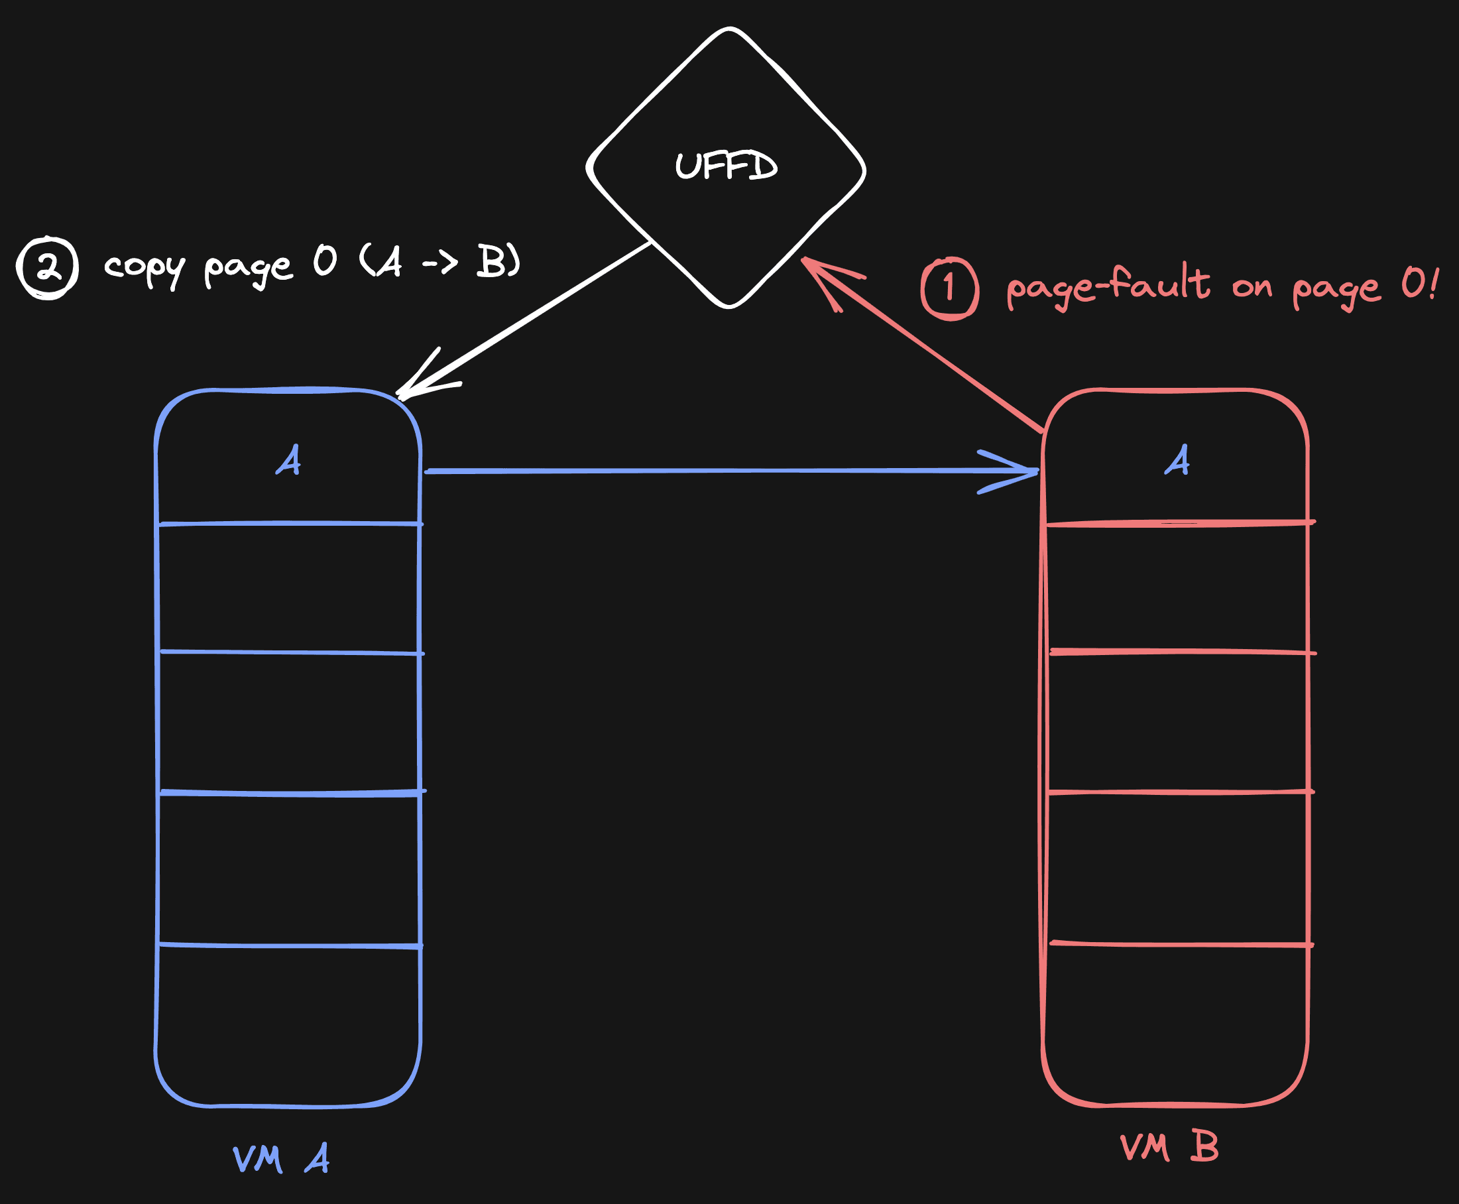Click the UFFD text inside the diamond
click(726, 166)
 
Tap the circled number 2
click(48, 268)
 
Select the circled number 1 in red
click(949, 288)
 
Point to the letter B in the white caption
click(491, 261)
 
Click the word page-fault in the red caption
click(1108, 286)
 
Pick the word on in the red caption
click(1252, 286)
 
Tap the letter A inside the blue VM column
click(288, 460)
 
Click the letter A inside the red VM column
click(1177, 460)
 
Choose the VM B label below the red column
click(1169, 1147)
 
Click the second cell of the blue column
click(289, 588)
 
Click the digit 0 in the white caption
click(325, 261)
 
